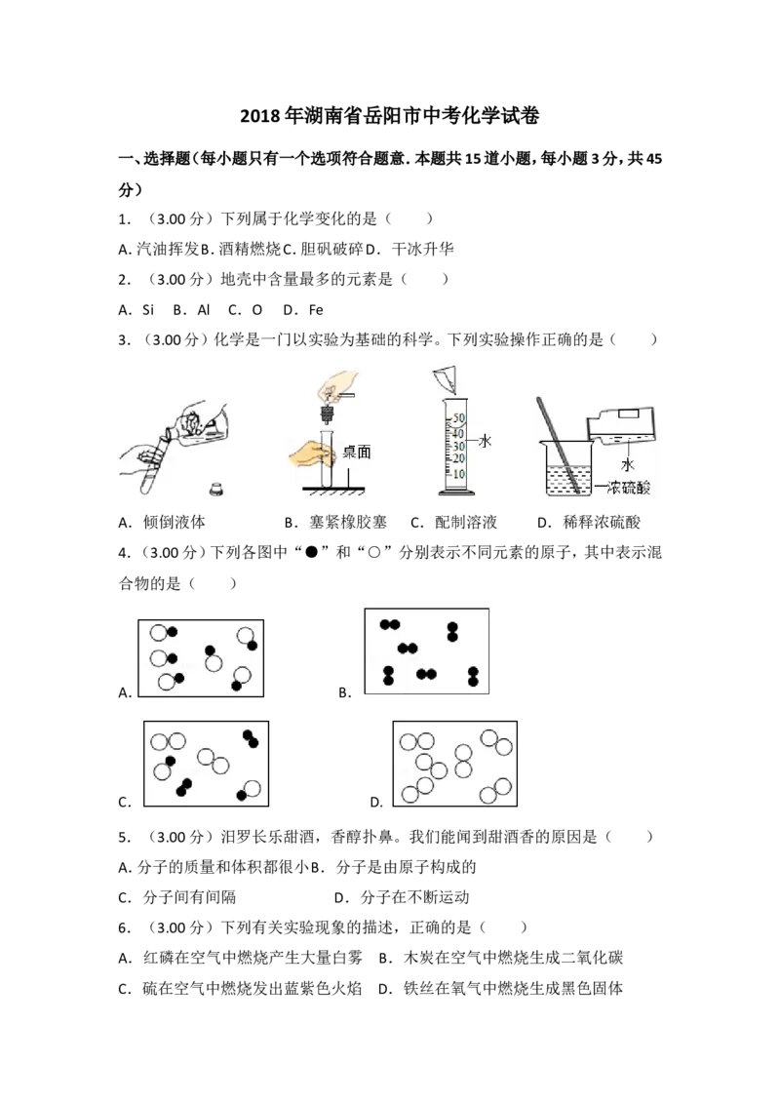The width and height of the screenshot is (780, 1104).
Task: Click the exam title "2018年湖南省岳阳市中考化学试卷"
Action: click(389, 116)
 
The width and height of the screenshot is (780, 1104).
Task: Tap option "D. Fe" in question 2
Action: click(302, 310)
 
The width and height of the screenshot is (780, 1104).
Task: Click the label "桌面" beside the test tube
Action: click(356, 452)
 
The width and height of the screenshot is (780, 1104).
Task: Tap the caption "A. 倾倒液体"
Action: click(162, 523)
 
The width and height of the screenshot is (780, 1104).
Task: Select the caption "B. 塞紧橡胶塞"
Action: click(335, 523)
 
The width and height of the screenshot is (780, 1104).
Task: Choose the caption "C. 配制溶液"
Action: click(454, 523)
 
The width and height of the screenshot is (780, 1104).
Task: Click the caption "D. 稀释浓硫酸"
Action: click(589, 523)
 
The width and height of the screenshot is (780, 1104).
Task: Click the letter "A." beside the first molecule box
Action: click(126, 692)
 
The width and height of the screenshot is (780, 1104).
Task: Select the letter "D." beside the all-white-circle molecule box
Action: click(376, 802)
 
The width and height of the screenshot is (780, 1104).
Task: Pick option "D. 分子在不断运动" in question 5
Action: click(402, 897)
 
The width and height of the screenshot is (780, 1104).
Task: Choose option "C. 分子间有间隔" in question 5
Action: click(176, 897)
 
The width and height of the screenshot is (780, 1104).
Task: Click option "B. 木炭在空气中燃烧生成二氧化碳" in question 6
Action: click(500, 959)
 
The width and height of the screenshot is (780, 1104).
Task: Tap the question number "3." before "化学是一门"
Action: click(125, 340)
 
